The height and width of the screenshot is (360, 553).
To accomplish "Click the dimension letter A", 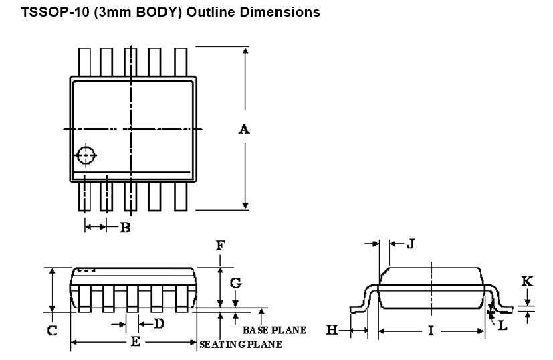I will pos(245,129).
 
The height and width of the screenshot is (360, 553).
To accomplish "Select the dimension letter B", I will pos(124,228).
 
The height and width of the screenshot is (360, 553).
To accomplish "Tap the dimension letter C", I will pos(51,330).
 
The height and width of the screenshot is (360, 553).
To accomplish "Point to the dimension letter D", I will pos(159,324).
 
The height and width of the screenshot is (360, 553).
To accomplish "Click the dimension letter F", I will pos(220,246).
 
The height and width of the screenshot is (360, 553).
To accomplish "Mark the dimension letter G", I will pos(235,283).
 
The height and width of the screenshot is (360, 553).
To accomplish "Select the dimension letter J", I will pos(411,244).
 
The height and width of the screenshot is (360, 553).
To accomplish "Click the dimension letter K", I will pos(527,281).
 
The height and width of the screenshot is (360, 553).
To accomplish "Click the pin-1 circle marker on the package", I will pos(86,155).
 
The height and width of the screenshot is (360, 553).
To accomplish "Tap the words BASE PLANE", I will pos(274,330).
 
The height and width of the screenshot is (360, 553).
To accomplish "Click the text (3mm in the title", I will pos(110,12).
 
